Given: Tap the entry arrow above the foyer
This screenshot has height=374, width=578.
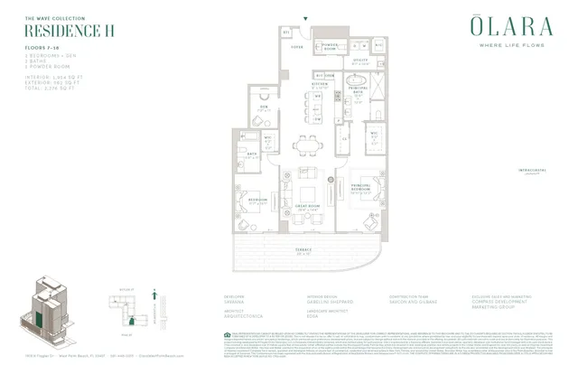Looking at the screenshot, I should click(306, 17).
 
